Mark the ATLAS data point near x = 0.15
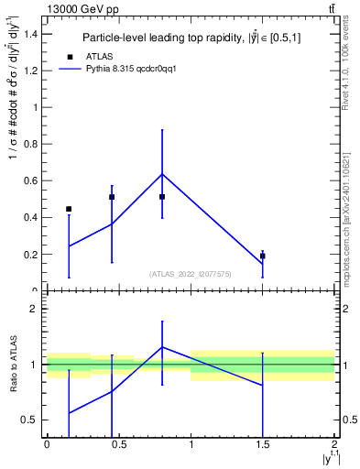click(x=69, y=209)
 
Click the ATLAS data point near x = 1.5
click(x=263, y=256)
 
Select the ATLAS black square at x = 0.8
click(x=162, y=196)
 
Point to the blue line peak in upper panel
click(x=162, y=174)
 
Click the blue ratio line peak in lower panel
click(x=162, y=347)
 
